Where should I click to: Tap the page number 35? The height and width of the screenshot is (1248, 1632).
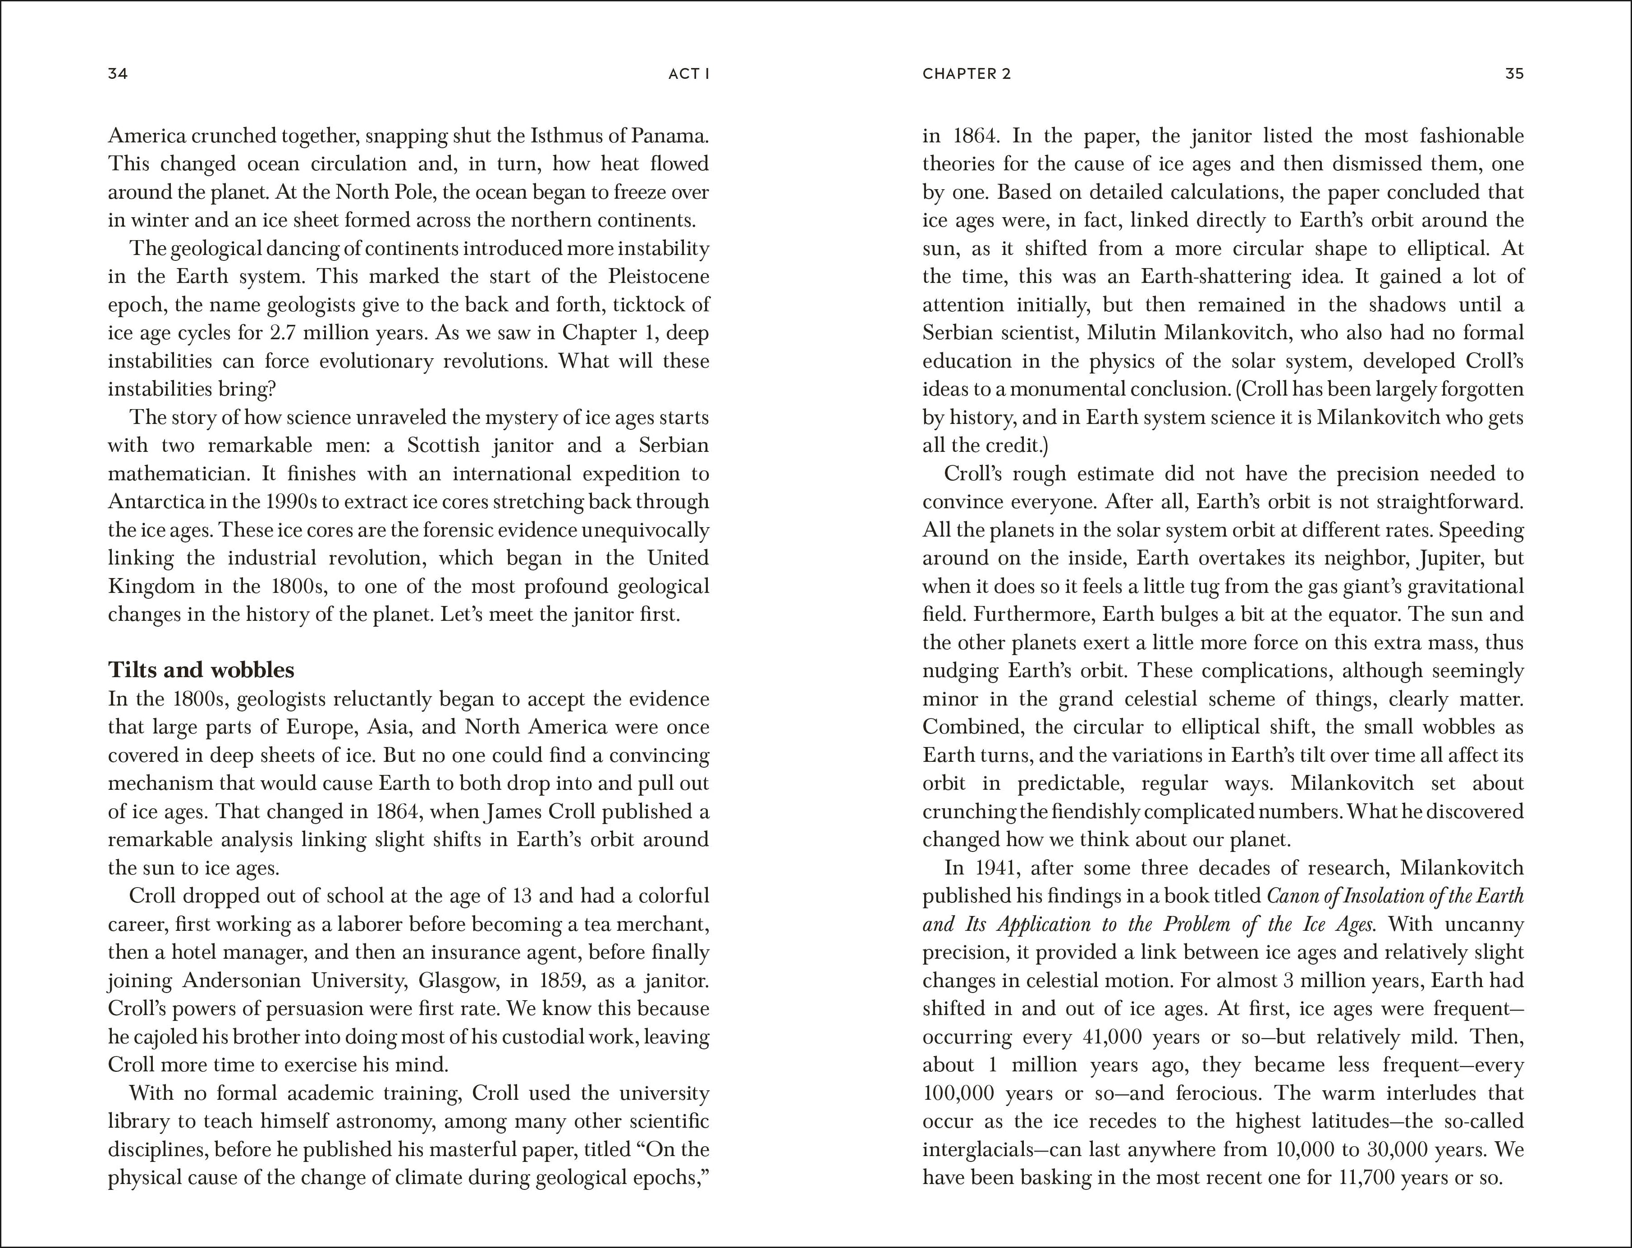[1514, 73]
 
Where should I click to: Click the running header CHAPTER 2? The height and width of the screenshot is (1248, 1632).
[966, 73]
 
